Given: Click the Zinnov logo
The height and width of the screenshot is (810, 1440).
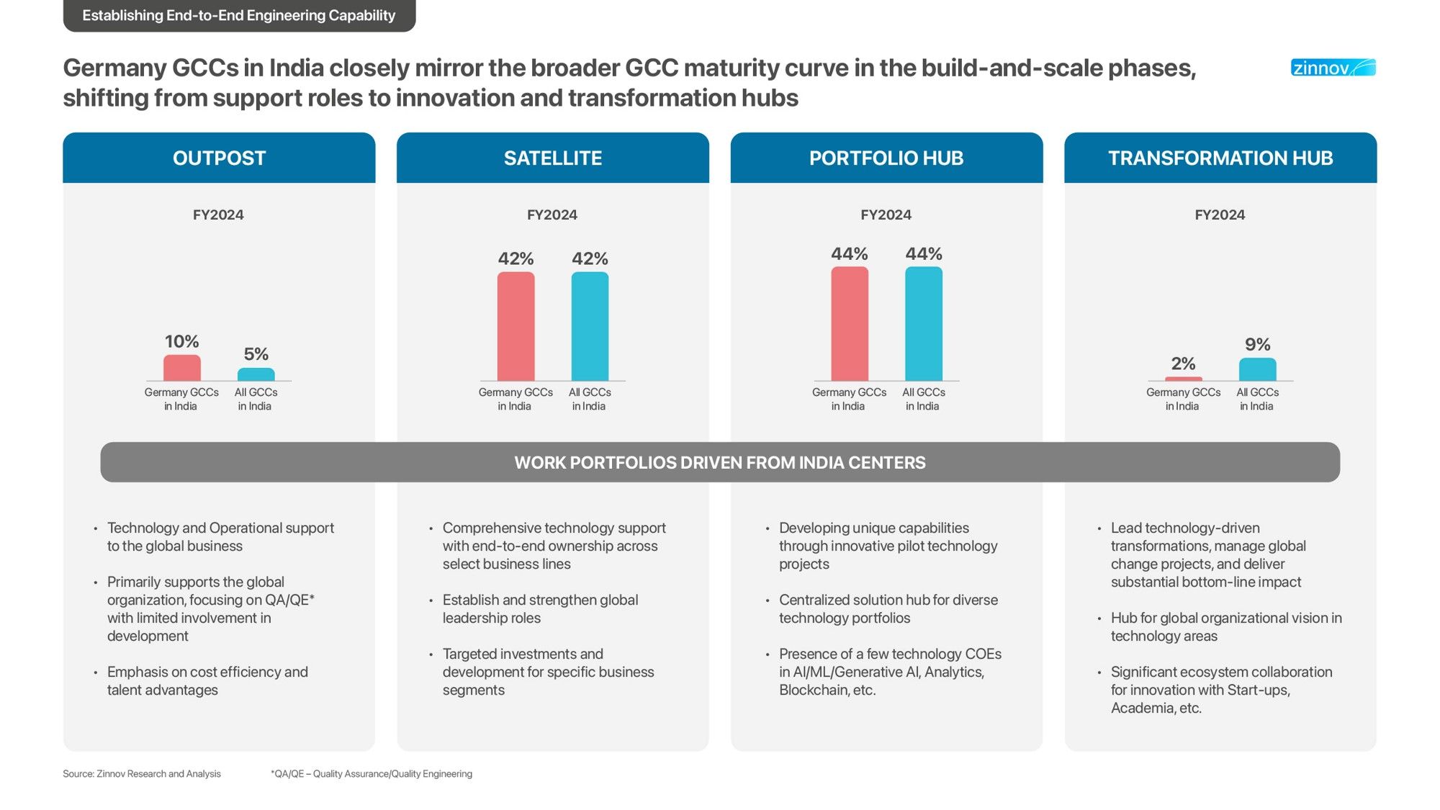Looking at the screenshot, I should click(1333, 68).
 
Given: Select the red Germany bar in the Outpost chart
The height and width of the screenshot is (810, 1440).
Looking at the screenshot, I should click(181, 368).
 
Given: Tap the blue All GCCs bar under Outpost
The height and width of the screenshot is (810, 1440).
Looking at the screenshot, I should click(256, 374).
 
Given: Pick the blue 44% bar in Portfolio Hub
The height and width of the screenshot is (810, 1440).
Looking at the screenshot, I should click(923, 323).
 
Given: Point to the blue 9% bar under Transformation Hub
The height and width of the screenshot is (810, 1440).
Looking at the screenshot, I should click(1257, 369).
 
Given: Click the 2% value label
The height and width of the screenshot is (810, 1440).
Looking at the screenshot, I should click(1183, 364).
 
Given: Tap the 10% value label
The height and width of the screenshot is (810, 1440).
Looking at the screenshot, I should click(181, 341).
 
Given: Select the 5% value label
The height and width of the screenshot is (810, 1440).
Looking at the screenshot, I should click(256, 354).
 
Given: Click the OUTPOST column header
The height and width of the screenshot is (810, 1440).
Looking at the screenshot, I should click(219, 158).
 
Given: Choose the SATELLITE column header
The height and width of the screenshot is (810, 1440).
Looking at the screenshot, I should click(552, 158).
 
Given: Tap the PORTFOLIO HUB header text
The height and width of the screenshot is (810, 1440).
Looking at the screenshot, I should click(886, 158).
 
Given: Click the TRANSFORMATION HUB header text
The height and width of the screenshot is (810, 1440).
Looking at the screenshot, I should click(1220, 158).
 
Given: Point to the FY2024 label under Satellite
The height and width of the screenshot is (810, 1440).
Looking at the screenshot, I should click(552, 215).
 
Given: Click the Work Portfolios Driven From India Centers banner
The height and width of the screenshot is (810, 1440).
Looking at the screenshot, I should click(720, 462).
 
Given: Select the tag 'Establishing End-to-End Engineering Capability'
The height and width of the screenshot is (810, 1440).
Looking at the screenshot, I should click(239, 15).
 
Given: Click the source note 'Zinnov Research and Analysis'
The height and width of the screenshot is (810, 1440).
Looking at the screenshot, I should click(142, 774).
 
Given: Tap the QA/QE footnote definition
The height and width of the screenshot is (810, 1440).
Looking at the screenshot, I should click(372, 774).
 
